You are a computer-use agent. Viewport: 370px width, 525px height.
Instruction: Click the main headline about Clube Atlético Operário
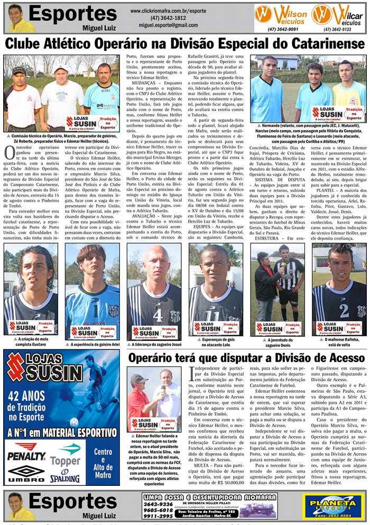pos(185,43)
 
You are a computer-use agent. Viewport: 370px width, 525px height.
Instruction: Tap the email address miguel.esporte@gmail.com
pos(169,25)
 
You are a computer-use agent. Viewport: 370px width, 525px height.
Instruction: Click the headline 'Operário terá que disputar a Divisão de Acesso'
pos(246,358)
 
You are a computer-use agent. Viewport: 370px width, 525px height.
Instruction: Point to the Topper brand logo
pos(66,455)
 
